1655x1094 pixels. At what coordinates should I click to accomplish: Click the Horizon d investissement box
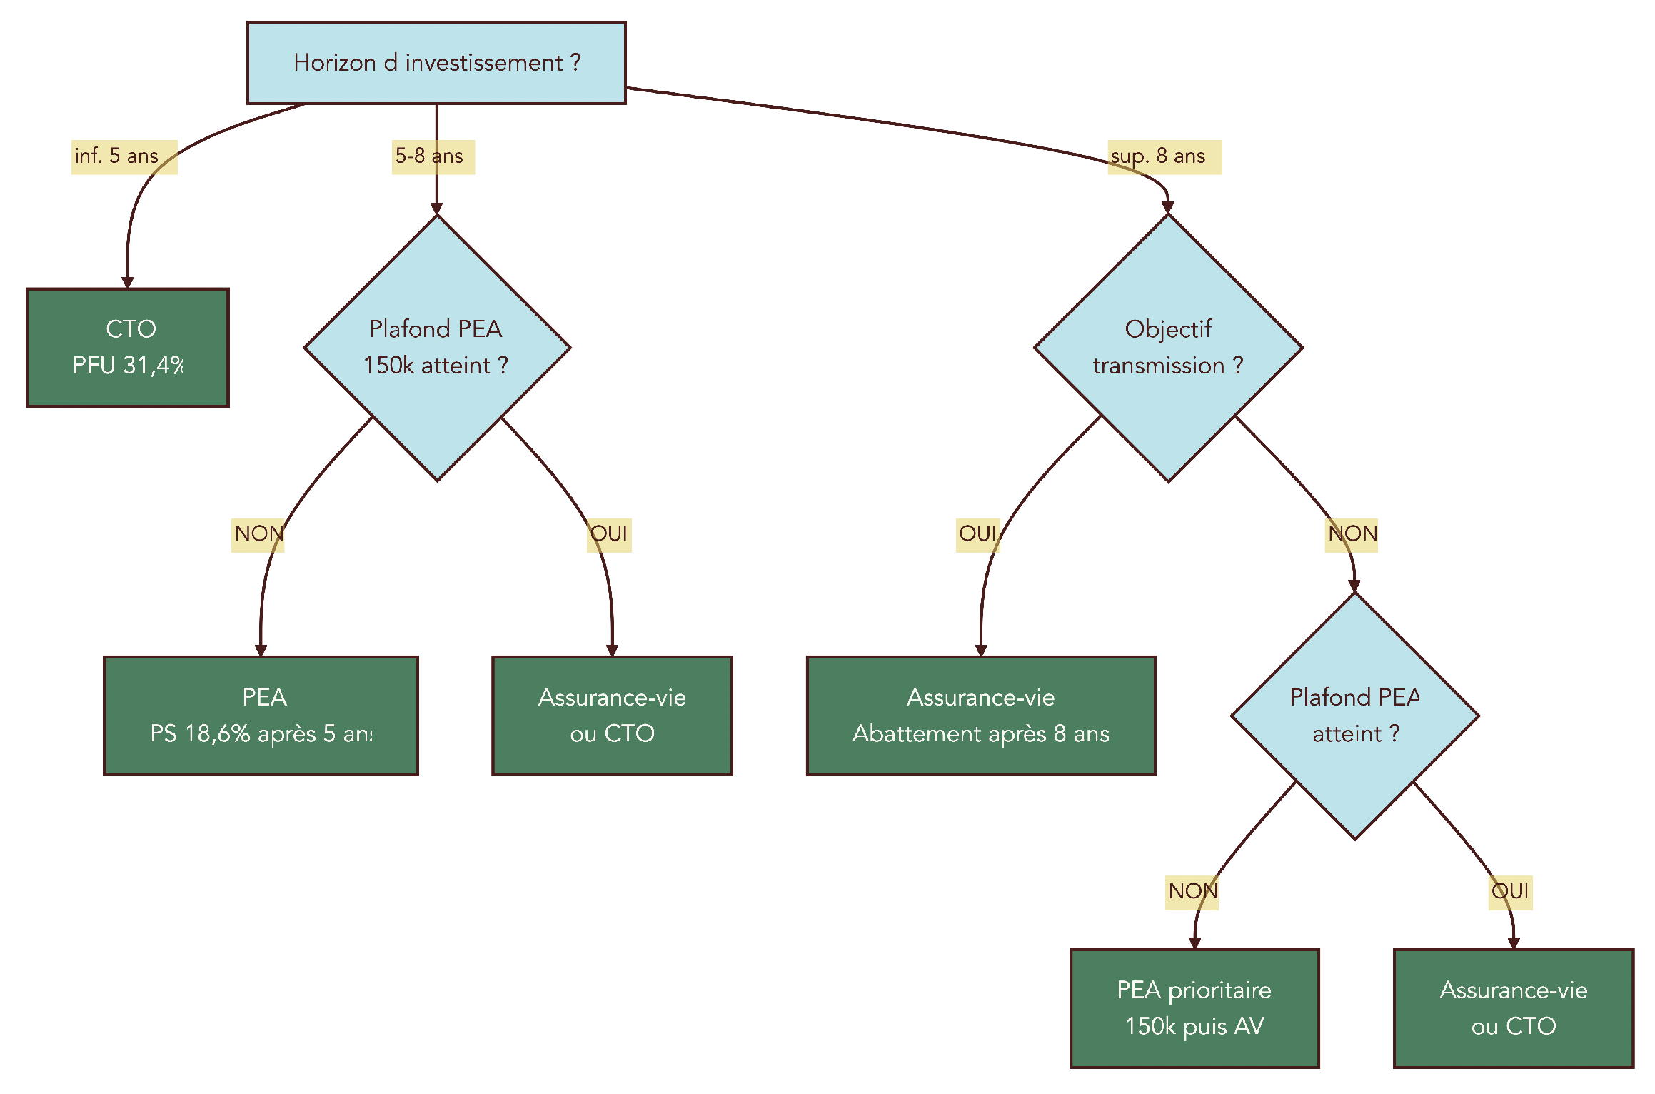click(x=436, y=63)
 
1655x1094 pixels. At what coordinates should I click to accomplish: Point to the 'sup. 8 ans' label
click(x=1164, y=156)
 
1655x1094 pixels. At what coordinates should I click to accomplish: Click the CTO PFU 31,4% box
click(x=128, y=348)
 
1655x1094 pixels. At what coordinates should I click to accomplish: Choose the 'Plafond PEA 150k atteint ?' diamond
click(x=437, y=348)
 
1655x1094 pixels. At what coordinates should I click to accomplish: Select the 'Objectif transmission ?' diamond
click(x=1168, y=348)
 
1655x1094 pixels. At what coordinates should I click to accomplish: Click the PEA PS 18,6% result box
click(x=261, y=716)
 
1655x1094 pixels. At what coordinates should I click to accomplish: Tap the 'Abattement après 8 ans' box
click(x=980, y=716)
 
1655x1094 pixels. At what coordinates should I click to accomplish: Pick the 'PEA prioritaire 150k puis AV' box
click(x=1194, y=1008)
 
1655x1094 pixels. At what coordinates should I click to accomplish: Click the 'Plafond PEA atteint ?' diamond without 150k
click(x=1354, y=716)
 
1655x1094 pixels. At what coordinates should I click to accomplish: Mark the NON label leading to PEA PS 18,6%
click(x=258, y=534)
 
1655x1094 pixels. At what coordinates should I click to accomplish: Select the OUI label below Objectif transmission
click(x=977, y=534)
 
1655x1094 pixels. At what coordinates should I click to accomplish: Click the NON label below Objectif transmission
click(x=1351, y=534)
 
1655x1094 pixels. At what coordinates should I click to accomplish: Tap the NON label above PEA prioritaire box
click(x=1192, y=892)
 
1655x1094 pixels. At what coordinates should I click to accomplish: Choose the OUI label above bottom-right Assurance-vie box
click(x=1510, y=892)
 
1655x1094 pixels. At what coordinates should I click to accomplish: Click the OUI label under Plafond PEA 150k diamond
click(x=609, y=534)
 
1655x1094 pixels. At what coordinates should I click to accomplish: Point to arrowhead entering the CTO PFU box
click(x=128, y=283)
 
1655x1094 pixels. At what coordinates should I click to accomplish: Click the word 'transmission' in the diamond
click(x=1158, y=366)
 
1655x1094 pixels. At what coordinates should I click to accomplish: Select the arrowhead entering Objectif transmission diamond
click(x=1167, y=208)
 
